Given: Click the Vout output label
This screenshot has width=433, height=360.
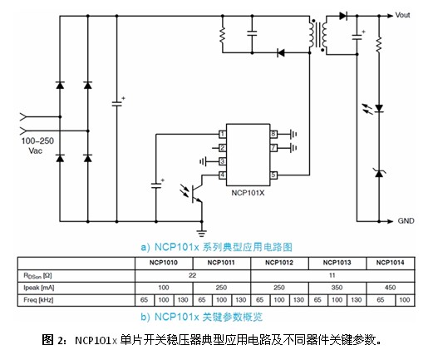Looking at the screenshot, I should (402, 15).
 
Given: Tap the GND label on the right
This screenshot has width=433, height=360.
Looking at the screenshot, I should (406, 221).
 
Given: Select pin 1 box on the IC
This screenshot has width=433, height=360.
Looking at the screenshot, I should (223, 134).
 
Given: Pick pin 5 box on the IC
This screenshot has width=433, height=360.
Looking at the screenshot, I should (273, 175).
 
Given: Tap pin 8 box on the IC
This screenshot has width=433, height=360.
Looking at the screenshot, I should (273, 134).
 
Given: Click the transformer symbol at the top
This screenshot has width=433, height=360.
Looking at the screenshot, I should (320, 34).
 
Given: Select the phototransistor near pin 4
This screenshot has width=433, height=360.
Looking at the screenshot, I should (197, 192).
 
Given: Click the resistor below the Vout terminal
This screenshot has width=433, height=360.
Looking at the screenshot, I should (379, 42).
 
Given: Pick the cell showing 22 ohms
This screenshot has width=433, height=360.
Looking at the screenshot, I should (192, 274).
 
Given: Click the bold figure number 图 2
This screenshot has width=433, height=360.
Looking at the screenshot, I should (54, 340).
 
